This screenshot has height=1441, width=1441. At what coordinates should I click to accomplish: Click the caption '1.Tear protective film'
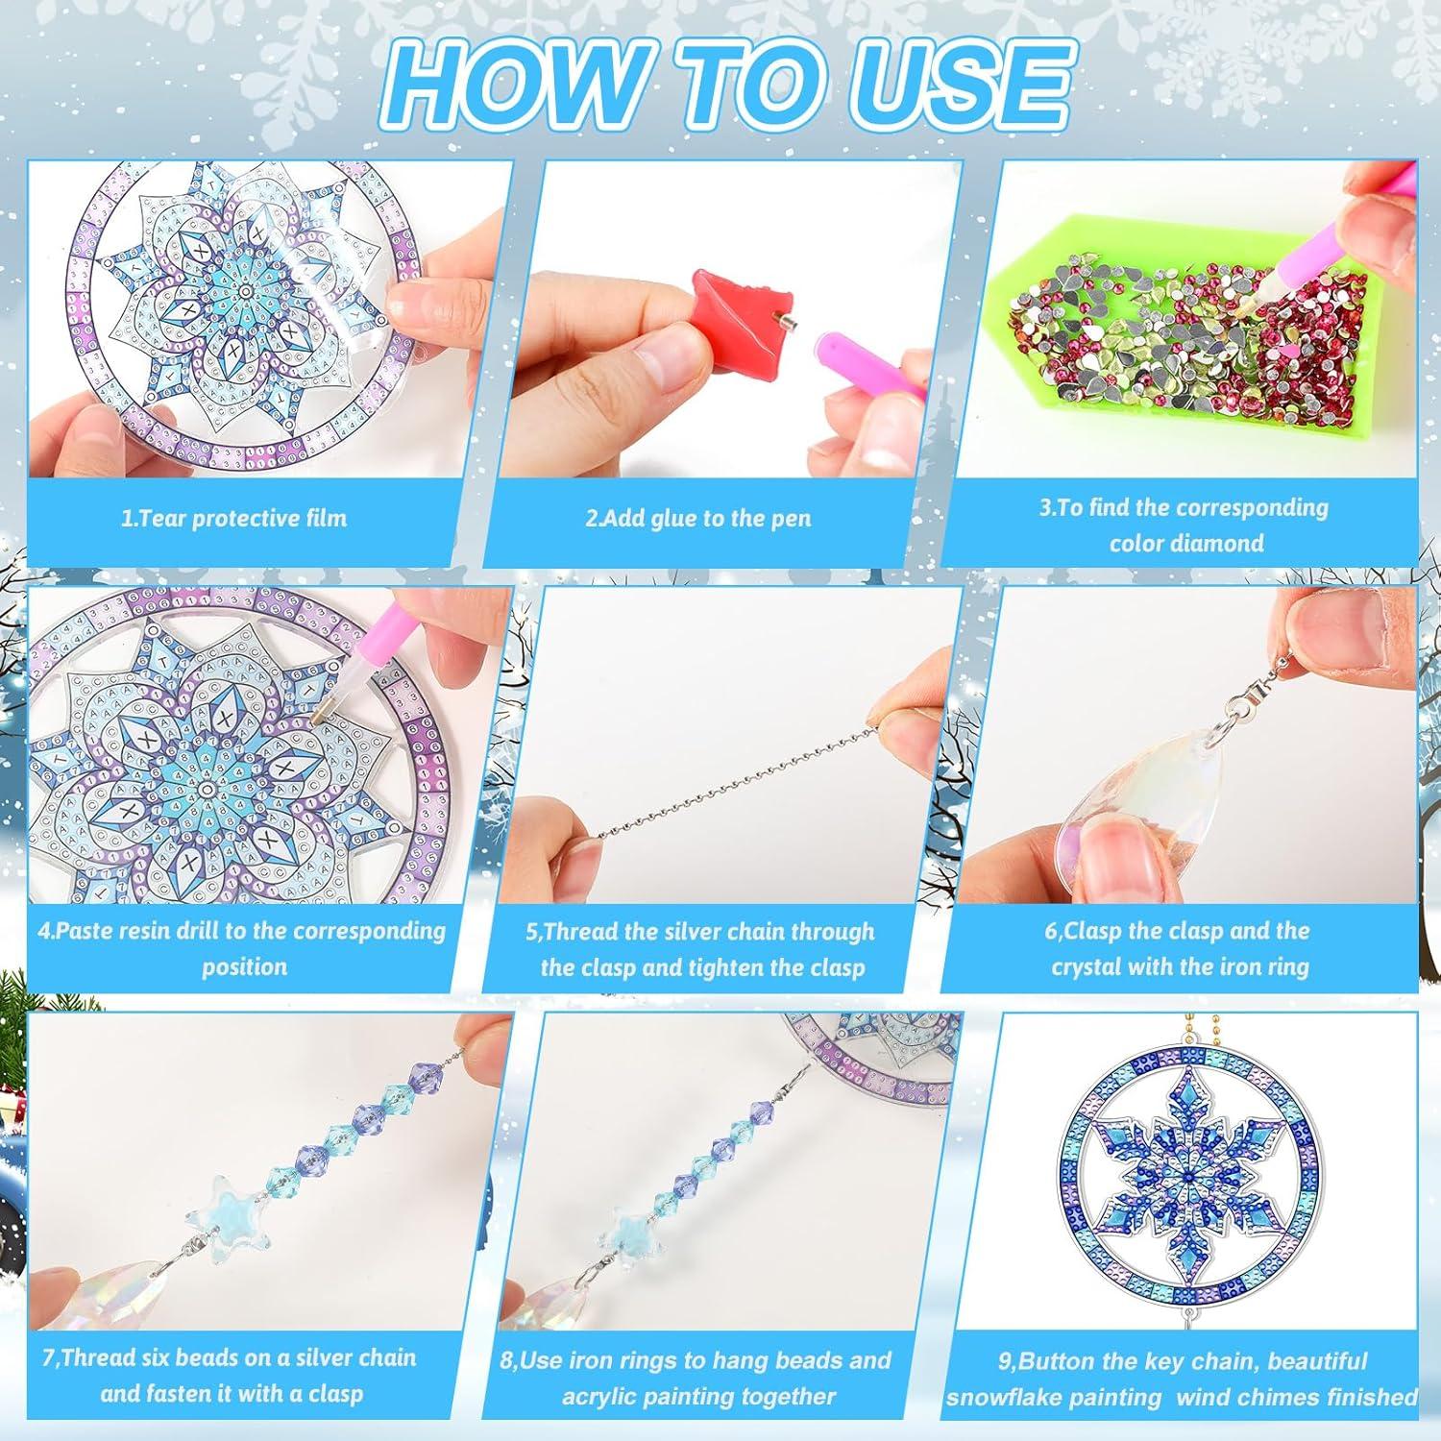pyautogui.click(x=233, y=519)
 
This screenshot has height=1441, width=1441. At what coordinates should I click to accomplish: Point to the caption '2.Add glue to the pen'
pyautogui.click(x=698, y=519)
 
